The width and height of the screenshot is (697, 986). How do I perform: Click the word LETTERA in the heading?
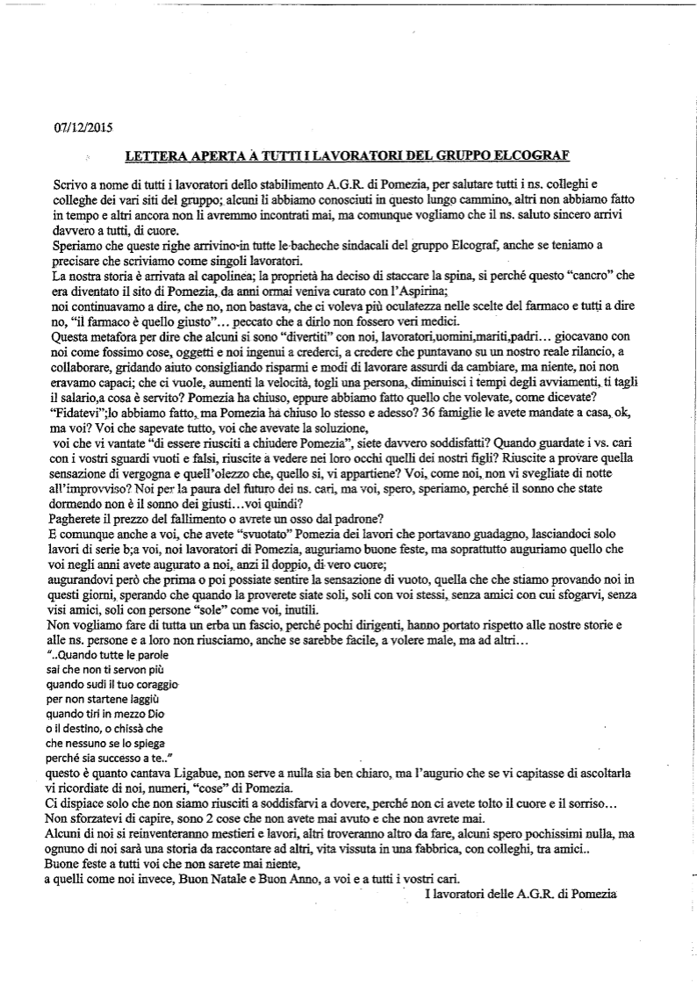tap(155, 156)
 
